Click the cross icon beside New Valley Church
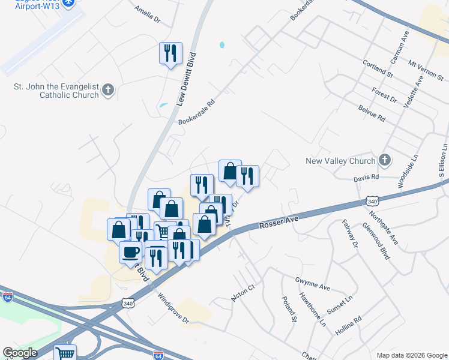pyautogui.click(x=385, y=160)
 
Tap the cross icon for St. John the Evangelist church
pyautogui.click(x=108, y=90)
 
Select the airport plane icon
pyautogui.click(x=69, y=2)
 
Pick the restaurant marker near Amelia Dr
pyautogui.click(x=170, y=53)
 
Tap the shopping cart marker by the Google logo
pyautogui.click(x=65, y=353)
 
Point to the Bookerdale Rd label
pyautogui.click(x=196, y=109)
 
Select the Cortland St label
pyautogui.click(x=378, y=68)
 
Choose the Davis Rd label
pyautogui.click(x=366, y=178)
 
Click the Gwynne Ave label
pyautogui.click(x=312, y=283)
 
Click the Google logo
pyautogui.click(x=20, y=353)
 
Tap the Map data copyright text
pyautogui.click(x=411, y=355)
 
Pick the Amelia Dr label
pyautogui.click(x=148, y=14)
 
